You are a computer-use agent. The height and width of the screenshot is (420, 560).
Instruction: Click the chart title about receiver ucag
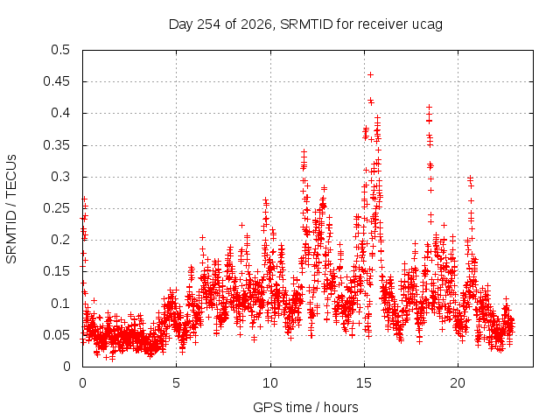[305, 24]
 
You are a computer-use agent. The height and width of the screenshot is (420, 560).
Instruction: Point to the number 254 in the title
[209, 24]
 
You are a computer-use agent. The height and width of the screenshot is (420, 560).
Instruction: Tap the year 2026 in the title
[256, 24]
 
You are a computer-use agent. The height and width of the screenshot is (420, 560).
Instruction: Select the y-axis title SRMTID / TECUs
[11, 209]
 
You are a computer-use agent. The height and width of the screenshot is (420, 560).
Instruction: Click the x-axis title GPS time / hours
[305, 407]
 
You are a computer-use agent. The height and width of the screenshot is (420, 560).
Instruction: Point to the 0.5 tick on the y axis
[60, 50]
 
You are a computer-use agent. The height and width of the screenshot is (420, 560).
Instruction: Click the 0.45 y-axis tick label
[56, 81]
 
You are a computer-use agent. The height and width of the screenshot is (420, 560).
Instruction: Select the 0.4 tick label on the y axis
[60, 113]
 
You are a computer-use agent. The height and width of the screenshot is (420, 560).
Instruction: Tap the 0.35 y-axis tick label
[56, 145]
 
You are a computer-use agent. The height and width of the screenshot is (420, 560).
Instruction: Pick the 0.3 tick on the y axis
[60, 177]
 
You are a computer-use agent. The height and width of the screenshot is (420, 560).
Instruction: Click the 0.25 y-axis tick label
[56, 208]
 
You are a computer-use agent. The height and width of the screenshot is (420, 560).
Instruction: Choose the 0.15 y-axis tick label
[56, 271]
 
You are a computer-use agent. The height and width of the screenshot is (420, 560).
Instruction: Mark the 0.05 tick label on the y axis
[56, 334]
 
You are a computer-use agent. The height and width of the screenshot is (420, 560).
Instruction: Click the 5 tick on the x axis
[176, 383]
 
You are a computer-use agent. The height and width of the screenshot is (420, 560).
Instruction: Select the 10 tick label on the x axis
[270, 383]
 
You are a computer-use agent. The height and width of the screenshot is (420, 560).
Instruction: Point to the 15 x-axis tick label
[364, 383]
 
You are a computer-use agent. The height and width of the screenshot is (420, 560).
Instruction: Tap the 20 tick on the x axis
[458, 383]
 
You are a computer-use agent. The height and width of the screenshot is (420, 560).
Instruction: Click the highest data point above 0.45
[370, 74]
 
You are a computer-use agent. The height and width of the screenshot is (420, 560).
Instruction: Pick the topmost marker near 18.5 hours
[430, 107]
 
